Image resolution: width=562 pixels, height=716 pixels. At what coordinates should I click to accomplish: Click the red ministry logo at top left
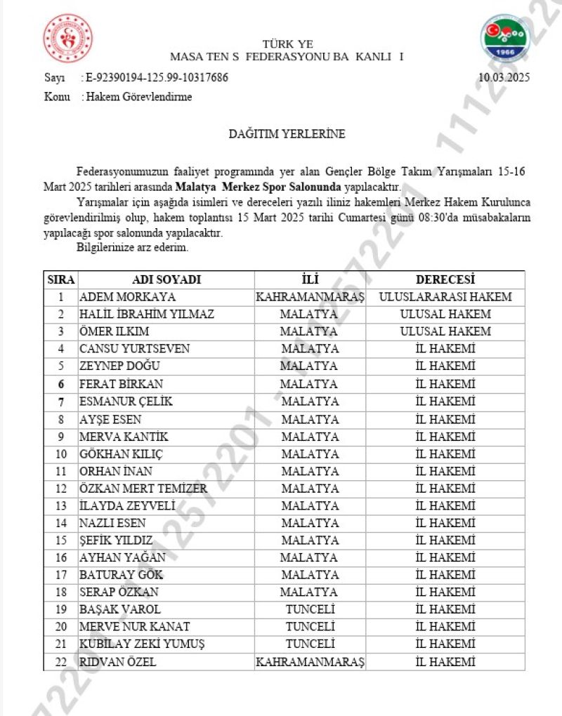point(67,39)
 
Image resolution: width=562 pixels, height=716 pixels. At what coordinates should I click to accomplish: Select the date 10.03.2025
point(504,78)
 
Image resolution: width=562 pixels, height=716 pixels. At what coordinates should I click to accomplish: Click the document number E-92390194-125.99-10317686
point(155,78)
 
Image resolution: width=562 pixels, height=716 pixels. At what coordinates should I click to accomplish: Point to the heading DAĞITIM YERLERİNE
point(287,133)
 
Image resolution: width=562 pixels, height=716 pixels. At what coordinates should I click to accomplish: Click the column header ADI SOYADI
point(166,279)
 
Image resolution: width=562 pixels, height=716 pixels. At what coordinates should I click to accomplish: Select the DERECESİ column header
point(445,279)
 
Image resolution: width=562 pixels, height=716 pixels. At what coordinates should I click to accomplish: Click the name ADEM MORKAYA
point(127,297)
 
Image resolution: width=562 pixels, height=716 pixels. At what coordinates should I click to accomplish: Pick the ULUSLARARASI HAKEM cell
point(445,297)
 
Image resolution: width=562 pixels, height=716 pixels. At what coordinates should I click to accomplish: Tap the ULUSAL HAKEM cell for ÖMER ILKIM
point(445,331)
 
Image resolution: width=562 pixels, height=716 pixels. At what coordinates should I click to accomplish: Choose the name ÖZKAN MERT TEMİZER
point(143,489)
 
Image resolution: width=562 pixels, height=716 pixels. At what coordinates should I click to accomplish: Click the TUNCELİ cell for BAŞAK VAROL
point(310,609)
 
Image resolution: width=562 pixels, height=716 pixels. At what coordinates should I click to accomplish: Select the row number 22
point(61,662)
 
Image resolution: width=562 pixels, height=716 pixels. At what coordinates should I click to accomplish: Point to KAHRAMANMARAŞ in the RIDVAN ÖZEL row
point(310,662)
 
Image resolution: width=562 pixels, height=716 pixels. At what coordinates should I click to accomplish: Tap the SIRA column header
point(61,279)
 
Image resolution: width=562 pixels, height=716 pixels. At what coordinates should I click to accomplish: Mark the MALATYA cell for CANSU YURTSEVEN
point(310,349)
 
